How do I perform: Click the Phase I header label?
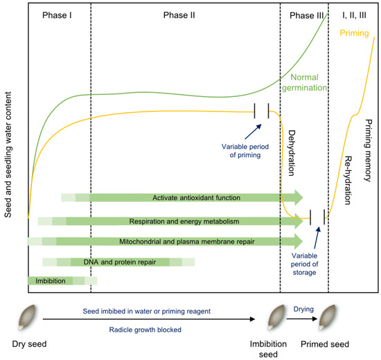(57, 15)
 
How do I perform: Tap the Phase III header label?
(303, 15)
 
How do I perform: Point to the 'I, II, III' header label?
(353, 15)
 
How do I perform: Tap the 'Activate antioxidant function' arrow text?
(197, 198)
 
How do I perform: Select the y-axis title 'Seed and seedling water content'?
(9, 147)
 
